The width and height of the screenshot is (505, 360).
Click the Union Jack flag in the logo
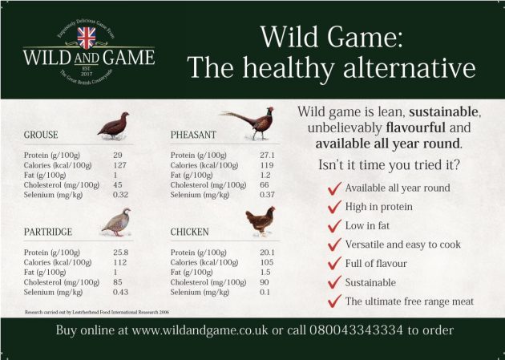(x=87, y=38)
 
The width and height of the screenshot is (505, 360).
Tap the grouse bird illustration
(x=114, y=126)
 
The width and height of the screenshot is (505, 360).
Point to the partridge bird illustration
(x=116, y=222)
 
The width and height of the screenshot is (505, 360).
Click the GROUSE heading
(x=41, y=135)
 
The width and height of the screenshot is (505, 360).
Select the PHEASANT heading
(x=195, y=135)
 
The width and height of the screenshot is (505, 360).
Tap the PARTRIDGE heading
(x=48, y=232)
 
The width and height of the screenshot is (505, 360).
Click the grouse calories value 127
(x=120, y=164)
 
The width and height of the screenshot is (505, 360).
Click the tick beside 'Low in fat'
(x=334, y=225)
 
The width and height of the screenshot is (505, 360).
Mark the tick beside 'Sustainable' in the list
(x=334, y=282)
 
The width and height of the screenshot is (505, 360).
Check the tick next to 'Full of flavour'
(x=334, y=263)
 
